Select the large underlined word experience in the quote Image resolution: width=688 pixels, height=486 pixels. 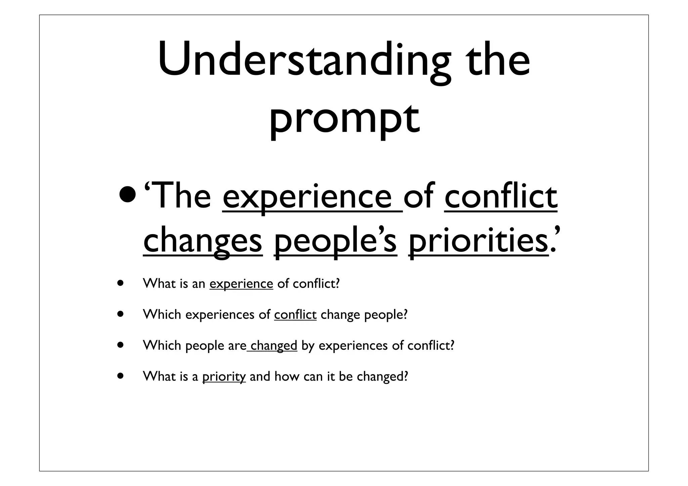pyautogui.click(x=312, y=196)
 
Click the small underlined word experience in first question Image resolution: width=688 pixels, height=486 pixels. pyautogui.click(x=241, y=284)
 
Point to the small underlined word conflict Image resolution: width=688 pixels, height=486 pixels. pyautogui.click(x=295, y=314)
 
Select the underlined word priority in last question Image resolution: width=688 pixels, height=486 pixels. pyautogui.click(x=224, y=377)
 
